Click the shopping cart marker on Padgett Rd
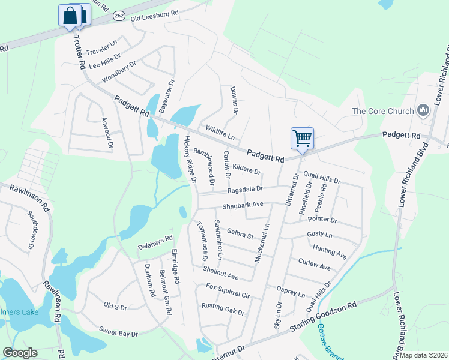click(x=302, y=139)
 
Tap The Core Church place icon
click(x=424, y=110)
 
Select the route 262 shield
click(x=119, y=17)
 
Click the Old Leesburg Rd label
click(x=155, y=13)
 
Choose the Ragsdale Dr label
click(x=245, y=189)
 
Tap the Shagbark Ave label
click(x=243, y=205)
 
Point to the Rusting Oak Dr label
click(x=223, y=308)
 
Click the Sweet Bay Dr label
click(x=119, y=332)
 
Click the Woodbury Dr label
click(x=119, y=71)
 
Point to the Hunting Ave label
click(x=329, y=251)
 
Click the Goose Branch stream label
click(x=328, y=342)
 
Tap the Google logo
click(x=20, y=353)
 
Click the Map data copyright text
click(x=424, y=355)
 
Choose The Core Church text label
click(x=383, y=111)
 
